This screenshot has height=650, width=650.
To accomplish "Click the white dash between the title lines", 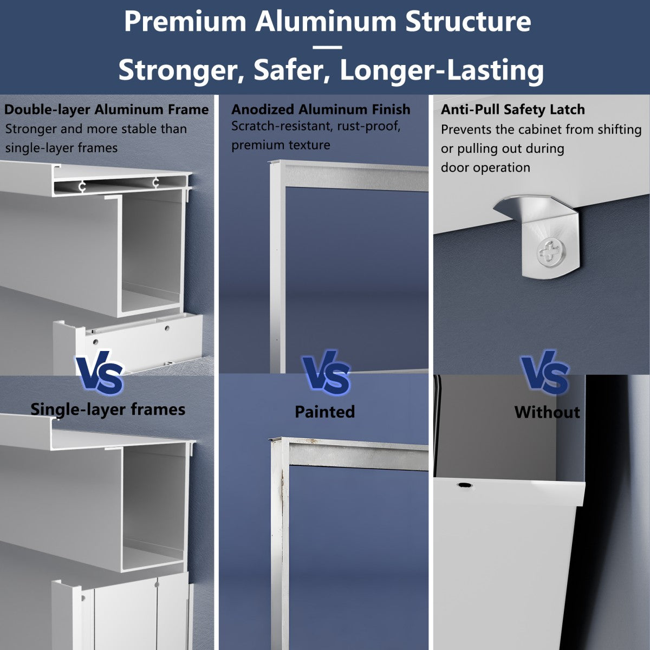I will point(327,47).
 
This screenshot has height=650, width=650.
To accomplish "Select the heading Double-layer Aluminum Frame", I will point(106,109).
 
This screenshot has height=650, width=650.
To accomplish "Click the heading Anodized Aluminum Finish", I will point(321,109).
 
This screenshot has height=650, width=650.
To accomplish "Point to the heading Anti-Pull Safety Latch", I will point(512,109).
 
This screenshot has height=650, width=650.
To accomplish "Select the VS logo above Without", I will point(545,374).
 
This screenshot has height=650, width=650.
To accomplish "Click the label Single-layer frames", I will point(108,409).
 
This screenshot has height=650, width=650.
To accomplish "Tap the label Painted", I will point(324,412).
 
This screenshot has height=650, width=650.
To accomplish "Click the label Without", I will point(547,412).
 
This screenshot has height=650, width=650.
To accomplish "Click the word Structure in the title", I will point(468,22).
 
